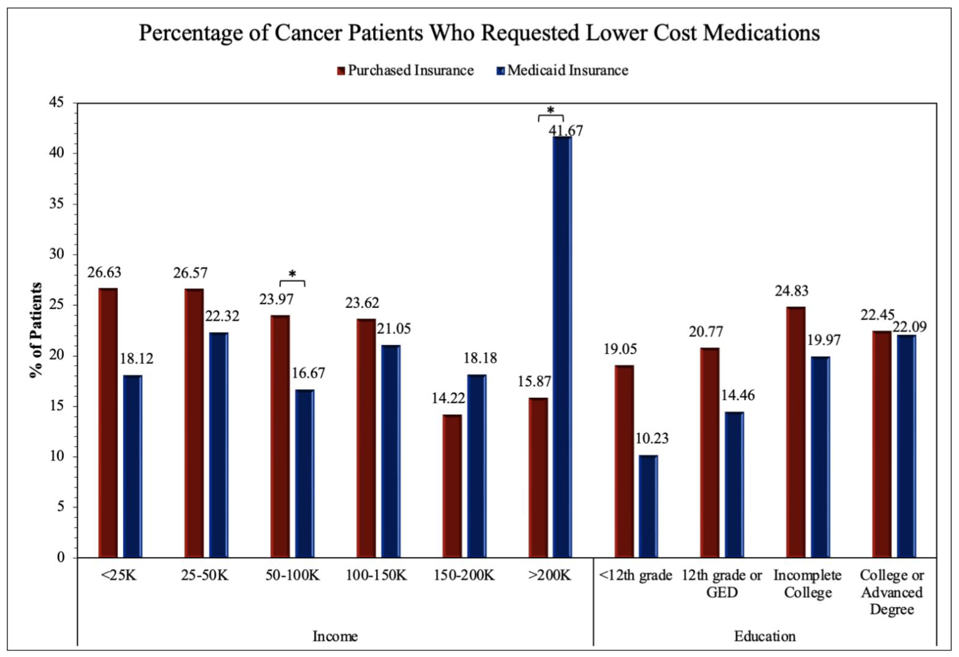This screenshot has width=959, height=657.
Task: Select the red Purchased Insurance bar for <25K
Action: pyautogui.click(x=108, y=423)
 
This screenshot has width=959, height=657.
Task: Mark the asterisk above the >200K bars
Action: pyautogui.click(x=550, y=110)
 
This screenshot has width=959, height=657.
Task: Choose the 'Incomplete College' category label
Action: pyautogui.click(x=807, y=584)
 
